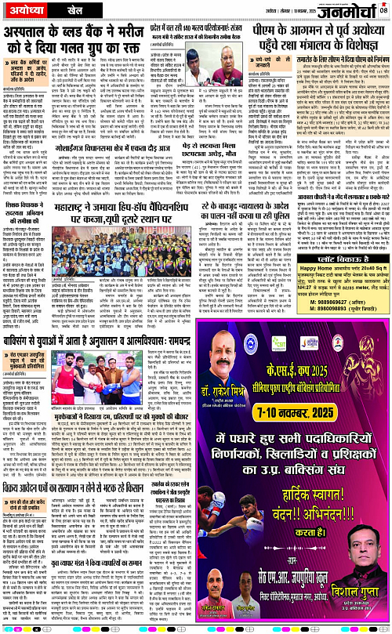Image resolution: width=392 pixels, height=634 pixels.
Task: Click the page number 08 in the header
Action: tap(383, 9)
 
